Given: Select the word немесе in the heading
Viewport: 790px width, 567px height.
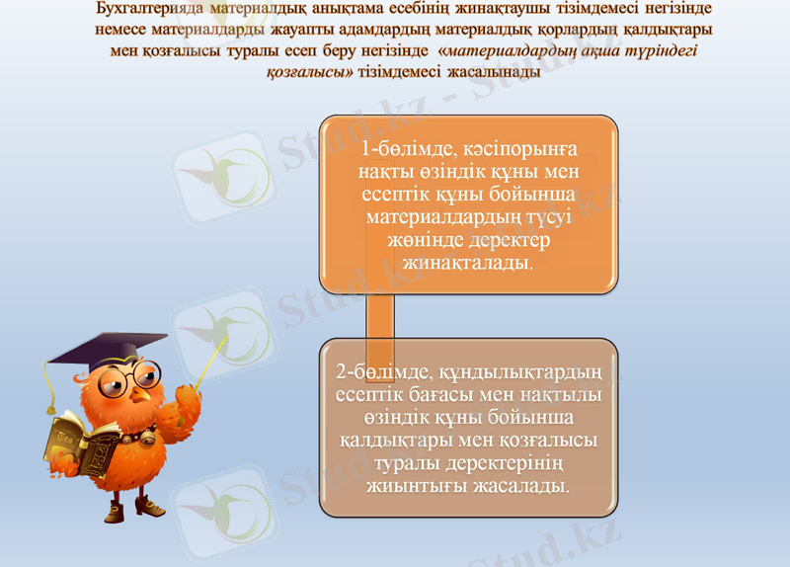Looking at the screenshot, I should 120,31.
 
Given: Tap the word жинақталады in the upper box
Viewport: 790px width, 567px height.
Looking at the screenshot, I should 468,264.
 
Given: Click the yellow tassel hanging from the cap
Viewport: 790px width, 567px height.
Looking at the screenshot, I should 46,390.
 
